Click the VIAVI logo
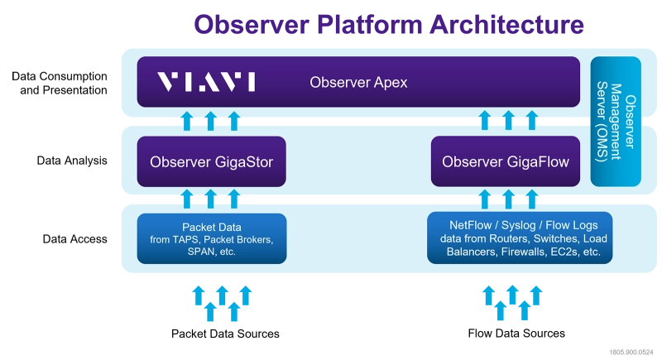coord(206,82)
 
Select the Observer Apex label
coord(358,82)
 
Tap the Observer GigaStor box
coord(211,161)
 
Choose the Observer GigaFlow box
coord(506,161)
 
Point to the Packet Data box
coord(211,238)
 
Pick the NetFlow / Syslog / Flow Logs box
coord(520,238)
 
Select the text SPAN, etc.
coord(211,252)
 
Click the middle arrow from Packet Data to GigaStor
coord(211,198)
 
